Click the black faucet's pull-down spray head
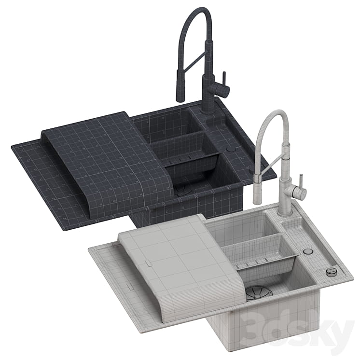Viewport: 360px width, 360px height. pos(180,85)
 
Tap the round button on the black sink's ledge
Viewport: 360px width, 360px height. pos(230,150)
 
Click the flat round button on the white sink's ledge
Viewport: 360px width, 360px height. pos(308,251)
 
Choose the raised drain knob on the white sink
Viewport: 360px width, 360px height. pos(331,271)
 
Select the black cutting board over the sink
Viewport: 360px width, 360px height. pos(106,161)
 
